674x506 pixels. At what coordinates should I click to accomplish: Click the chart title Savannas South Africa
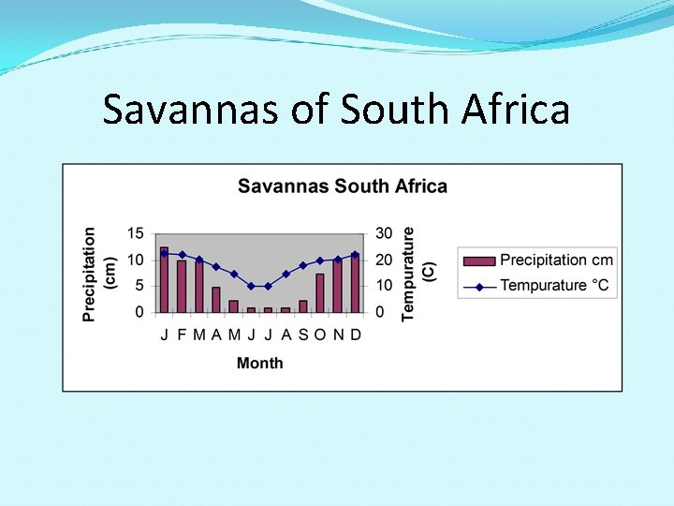[x=342, y=186]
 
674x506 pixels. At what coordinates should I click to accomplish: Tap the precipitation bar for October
[x=320, y=292]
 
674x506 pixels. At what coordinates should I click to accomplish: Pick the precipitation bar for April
[x=216, y=299]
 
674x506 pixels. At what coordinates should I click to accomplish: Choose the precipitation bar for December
[x=355, y=283]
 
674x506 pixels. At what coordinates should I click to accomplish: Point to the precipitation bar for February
[x=182, y=286]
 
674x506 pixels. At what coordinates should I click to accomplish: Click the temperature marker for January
[x=165, y=253]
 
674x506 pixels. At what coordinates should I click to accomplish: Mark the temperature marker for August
[x=286, y=275]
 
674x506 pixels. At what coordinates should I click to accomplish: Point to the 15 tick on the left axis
[x=136, y=233]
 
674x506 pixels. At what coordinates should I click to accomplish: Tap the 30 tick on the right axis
[x=382, y=233]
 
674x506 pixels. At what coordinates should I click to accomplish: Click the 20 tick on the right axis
[x=382, y=260]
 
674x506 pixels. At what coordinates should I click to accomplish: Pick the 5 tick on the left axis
[x=139, y=286]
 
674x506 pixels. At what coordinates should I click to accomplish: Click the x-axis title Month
[x=259, y=363]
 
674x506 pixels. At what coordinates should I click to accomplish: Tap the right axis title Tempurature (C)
[x=418, y=274]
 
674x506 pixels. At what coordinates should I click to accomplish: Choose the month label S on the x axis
[x=302, y=335]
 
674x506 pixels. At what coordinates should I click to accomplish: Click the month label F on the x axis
[x=182, y=335]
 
